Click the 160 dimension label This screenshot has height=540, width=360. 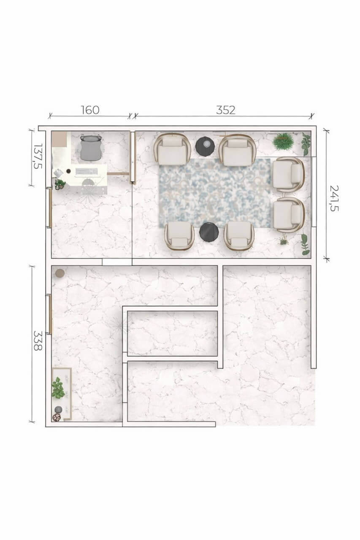pyautogui.click(x=90, y=110)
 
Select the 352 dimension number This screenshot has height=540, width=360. pyautogui.click(x=226, y=110)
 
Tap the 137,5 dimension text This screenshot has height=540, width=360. pyautogui.click(x=38, y=156)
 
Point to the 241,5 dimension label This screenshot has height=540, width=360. pyautogui.click(x=334, y=198)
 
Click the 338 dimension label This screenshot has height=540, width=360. pyautogui.click(x=38, y=340)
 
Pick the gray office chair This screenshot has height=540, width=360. pyautogui.click(x=91, y=148)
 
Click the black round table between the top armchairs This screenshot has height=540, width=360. pyautogui.click(x=205, y=146)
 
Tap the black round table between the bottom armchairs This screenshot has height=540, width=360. pyautogui.click(x=209, y=232)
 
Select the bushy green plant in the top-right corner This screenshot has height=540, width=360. pyautogui.click(x=283, y=141)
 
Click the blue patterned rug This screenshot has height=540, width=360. pyautogui.click(x=214, y=193)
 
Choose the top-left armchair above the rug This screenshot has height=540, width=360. pyautogui.click(x=172, y=149)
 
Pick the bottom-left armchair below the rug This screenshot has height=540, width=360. pyautogui.click(x=179, y=235)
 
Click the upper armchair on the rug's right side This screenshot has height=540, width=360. pyautogui.click(x=289, y=175)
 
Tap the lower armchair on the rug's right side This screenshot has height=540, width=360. pyautogui.click(x=289, y=215)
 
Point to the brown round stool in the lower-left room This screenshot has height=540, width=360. pyautogui.click(x=60, y=273)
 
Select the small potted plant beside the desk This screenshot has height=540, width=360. pyautogui.click(x=60, y=185)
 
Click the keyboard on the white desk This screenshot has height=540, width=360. pyautogui.click(x=87, y=171)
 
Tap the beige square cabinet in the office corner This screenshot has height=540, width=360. pyautogui.click(x=60, y=139)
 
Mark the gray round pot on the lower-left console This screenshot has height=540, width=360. pyautogui.click(x=59, y=410)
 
